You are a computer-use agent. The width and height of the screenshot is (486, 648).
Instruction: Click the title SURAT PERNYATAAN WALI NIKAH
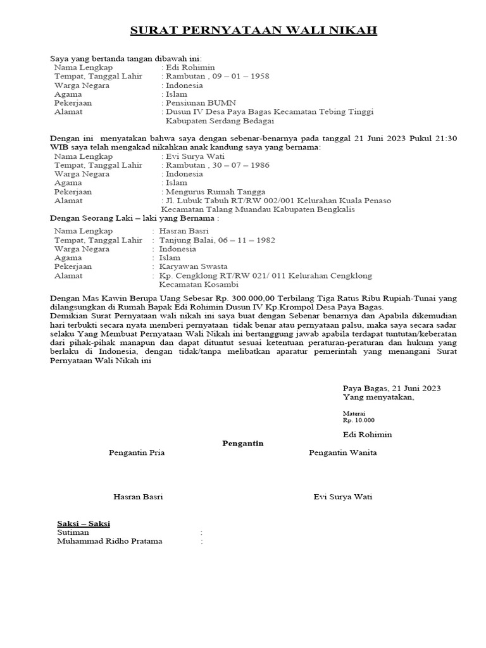[x=253, y=30]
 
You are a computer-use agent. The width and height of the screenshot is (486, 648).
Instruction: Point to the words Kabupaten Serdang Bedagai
[x=220, y=121]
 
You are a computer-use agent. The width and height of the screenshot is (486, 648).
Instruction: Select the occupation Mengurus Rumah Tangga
[x=216, y=192]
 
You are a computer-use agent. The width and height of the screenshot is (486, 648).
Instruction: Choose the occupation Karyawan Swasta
[x=194, y=267]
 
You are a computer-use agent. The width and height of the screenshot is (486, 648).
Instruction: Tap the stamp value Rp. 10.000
[x=359, y=420]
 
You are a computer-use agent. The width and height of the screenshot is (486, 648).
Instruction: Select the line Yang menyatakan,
[x=378, y=397]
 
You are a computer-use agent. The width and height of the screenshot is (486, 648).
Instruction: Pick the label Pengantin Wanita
[x=343, y=453]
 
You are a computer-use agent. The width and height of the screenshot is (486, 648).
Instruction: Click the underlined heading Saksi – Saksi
[x=84, y=524]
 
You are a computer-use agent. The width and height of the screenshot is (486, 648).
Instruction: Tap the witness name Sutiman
[x=73, y=533]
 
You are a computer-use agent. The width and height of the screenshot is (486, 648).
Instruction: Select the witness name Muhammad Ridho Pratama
[x=109, y=542]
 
